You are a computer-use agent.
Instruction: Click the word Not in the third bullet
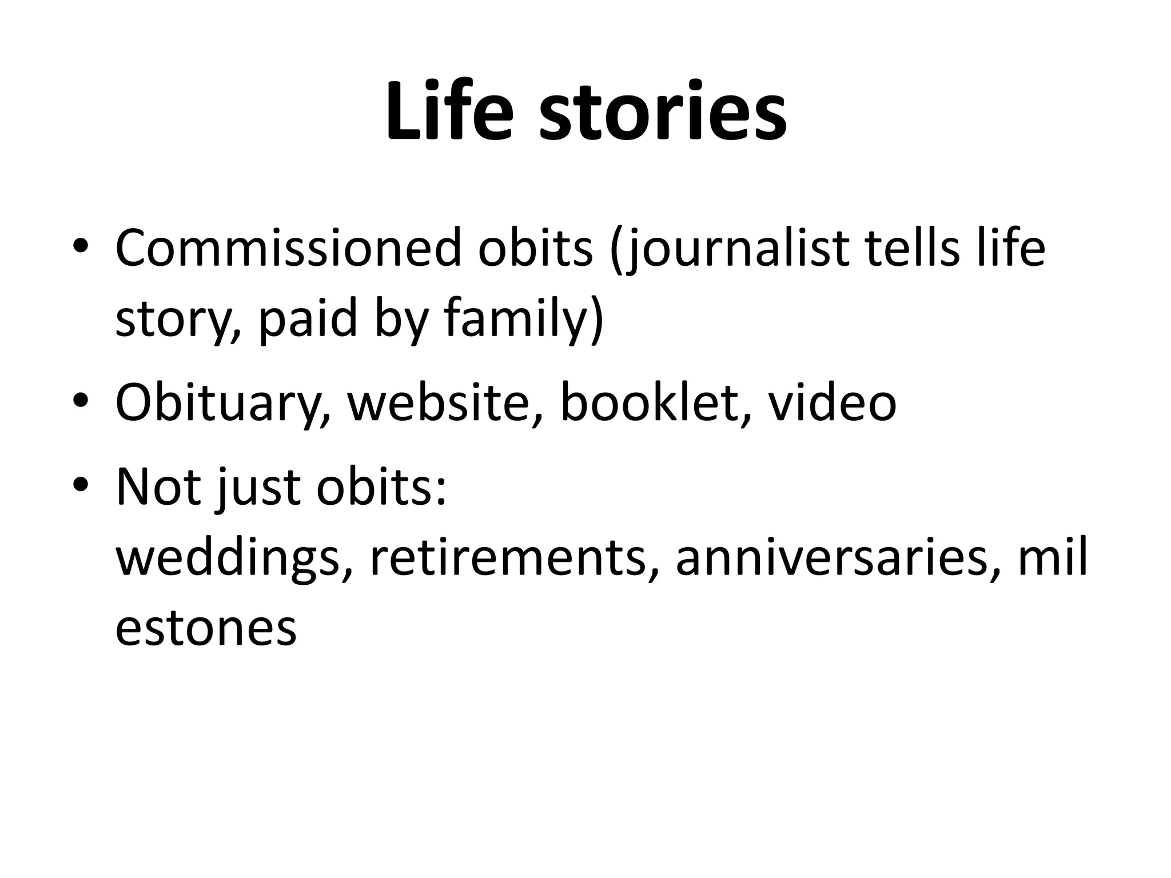click(x=158, y=488)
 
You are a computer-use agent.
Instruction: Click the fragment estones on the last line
click(x=206, y=628)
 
